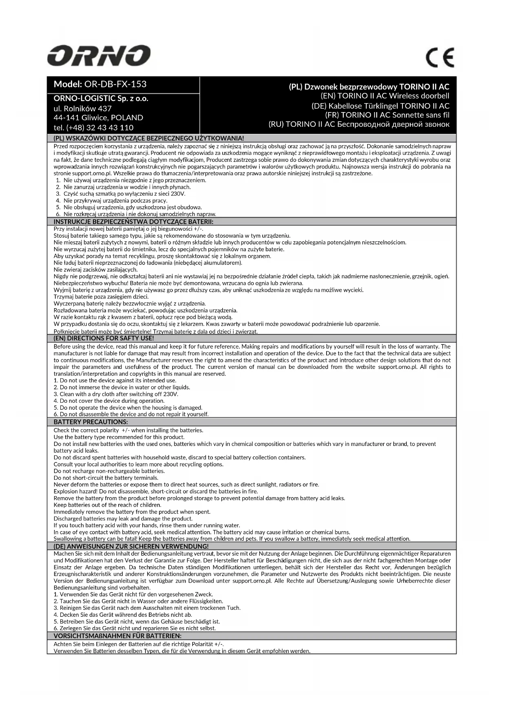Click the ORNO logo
[x=99, y=56]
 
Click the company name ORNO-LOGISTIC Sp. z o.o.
[x=101, y=99]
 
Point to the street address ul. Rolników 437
[x=82, y=108]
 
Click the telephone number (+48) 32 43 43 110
[x=93, y=127]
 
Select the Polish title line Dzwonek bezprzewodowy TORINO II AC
[x=369, y=87]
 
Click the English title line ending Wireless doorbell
[x=385, y=96]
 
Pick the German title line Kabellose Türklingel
[x=380, y=106]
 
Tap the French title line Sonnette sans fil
[x=387, y=115]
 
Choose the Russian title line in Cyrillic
[x=359, y=124]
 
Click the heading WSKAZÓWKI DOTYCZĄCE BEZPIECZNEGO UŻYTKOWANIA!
[x=149, y=139]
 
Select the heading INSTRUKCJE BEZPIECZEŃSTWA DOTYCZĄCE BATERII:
[x=134, y=222]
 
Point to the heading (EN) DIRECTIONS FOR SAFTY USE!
[x=104, y=338]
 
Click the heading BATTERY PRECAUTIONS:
[x=91, y=422]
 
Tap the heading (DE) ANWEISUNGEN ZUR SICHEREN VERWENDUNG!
[x=131, y=546]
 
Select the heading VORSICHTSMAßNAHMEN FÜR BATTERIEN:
[x=117, y=636]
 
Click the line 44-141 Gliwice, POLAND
[x=98, y=118]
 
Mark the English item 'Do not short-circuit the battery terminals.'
[x=106, y=478]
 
